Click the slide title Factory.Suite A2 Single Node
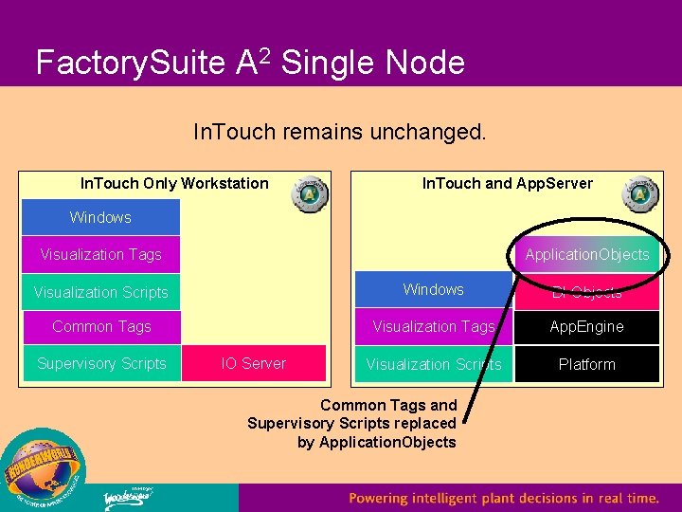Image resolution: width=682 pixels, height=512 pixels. [x=250, y=63]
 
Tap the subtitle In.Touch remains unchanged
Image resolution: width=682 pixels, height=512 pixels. [x=339, y=131]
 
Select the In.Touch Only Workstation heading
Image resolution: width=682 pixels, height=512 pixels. [x=174, y=183]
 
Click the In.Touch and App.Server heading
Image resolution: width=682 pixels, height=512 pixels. [x=507, y=183]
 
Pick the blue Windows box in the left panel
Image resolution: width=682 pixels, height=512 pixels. [x=100, y=217]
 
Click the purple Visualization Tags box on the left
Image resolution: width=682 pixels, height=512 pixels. [x=100, y=254]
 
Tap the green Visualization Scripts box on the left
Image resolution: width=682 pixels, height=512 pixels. [x=100, y=292]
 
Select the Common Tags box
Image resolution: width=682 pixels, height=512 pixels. [x=101, y=326]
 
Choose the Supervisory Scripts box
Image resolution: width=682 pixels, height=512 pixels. [x=101, y=363]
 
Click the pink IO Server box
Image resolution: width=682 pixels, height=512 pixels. [x=253, y=363]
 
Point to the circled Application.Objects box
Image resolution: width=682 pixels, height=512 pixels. [x=586, y=254]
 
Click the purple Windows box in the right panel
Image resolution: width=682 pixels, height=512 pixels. [x=433, y=290]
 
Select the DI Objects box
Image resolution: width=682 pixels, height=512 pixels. [x=586, y=292]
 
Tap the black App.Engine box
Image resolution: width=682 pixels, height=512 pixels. [x=586, y=326]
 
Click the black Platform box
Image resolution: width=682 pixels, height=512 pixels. [x=586, y=364]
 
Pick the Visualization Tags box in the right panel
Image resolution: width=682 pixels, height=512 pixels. [x=433, y=326]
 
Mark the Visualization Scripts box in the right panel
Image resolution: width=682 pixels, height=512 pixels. [x=433, y=364]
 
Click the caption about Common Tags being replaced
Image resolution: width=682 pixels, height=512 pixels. [x=352, y=423]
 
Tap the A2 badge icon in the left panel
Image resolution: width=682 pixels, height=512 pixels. [x=310, y=193]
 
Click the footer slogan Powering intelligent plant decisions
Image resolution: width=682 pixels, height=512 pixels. [x=503, y=498]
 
